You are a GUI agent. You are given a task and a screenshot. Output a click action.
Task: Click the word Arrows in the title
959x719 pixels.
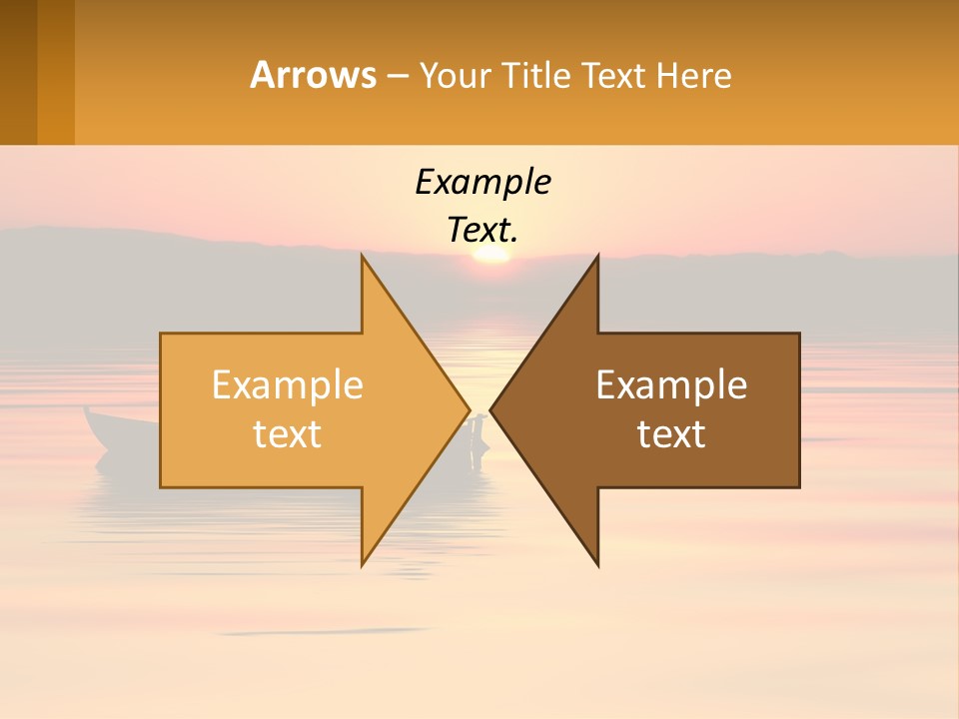(313, 75)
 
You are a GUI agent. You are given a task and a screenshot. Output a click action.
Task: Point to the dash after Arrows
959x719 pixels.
(397, 77)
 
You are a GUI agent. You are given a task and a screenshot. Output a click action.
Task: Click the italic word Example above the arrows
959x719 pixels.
(482, 183)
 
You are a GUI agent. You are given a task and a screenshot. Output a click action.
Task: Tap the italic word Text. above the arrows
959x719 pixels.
(482, 231)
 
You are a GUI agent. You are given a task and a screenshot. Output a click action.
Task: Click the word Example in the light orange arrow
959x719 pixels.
(287, 385)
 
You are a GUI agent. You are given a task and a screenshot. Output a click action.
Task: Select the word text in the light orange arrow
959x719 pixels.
(287, 434)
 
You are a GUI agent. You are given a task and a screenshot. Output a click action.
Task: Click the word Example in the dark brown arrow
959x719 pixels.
(671, 385)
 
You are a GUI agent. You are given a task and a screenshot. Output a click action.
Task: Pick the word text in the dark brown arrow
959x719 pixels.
(671, 434)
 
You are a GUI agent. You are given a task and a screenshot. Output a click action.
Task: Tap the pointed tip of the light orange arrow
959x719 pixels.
(469, 409)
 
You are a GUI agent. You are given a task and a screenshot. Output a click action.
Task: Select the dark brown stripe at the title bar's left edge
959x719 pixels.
(18, 72)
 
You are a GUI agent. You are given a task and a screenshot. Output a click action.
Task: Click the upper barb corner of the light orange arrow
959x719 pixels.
(363, 257)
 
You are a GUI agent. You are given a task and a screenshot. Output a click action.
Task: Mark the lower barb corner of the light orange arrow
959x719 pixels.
(363, 564)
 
